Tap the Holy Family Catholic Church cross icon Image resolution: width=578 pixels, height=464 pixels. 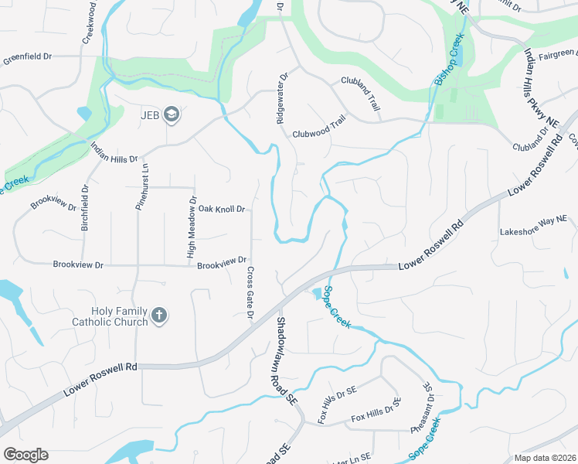(159, 316)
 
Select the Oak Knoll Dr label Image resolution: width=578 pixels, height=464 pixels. (221, 209)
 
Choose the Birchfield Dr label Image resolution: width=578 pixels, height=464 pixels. (85, 209)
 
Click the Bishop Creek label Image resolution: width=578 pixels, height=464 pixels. (450, 59)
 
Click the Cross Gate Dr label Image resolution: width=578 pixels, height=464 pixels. (250, 292)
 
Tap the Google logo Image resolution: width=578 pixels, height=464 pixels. (25, 454)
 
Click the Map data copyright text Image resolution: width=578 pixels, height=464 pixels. (544, 458)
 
